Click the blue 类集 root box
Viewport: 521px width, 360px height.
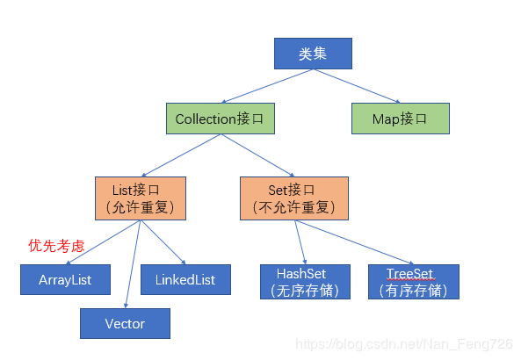[313, 54]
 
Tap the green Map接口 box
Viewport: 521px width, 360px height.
[400, 119]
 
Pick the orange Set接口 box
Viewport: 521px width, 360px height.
[293, 198]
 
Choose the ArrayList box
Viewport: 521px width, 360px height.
[65, 279]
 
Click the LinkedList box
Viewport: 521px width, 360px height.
[185, 279]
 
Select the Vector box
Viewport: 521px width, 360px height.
[125, 323]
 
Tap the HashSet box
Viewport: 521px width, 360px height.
[305, 281]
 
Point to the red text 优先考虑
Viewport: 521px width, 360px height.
[56, 246]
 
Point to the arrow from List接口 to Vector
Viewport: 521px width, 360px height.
[132, 263]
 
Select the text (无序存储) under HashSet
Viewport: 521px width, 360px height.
[305, 291]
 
